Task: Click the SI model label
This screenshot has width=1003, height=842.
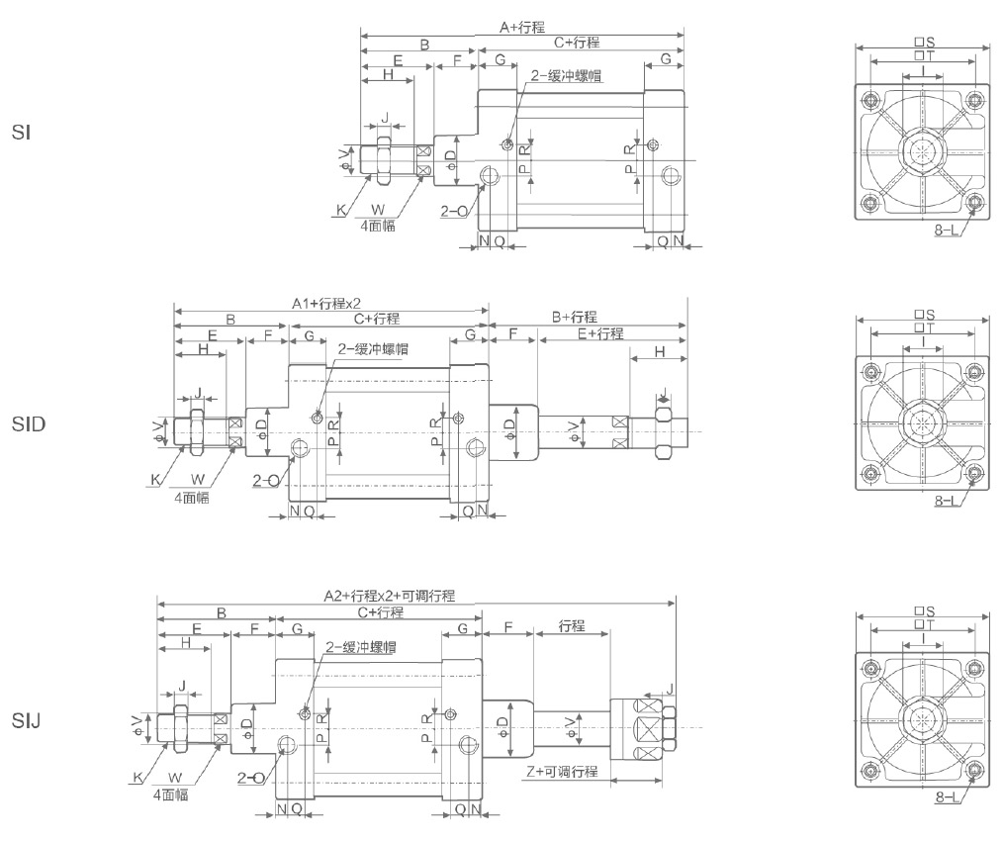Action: pyautogui.click(x=20, y=132)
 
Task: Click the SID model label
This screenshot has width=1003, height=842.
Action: pyautogui.click(x=29, y=424)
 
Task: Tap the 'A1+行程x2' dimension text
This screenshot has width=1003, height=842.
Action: pyautogui.click(x=325, y=304)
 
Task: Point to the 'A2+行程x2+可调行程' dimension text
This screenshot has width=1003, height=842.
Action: pyautogui.click(x=389, y=596)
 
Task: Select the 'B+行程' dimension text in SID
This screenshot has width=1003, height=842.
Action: pyautogui.click(x=574, y=317)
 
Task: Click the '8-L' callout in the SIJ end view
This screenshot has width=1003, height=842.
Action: pyautogui.click(x=947, y=796)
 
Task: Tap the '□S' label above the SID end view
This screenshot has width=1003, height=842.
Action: pyautogui.click(x=925, y=315)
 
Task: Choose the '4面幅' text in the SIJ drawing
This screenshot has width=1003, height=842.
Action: pyautogui.click(x=170, y=794)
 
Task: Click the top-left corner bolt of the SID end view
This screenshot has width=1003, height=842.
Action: pyautogui.click(x=870, y=373)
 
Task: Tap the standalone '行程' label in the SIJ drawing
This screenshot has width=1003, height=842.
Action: pyautogui.click(x=572, y=626)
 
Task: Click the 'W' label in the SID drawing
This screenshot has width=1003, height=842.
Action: pyautogui.click(x=198, y=479)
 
